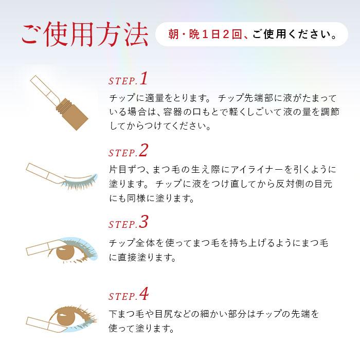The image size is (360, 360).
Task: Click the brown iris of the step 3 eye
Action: [x=67, y=252]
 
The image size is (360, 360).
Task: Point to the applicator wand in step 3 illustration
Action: [x=41, y=250]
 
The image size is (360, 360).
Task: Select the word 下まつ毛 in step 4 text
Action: [x=126, y=314]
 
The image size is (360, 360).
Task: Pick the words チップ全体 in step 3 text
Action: [x=131, y=243]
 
